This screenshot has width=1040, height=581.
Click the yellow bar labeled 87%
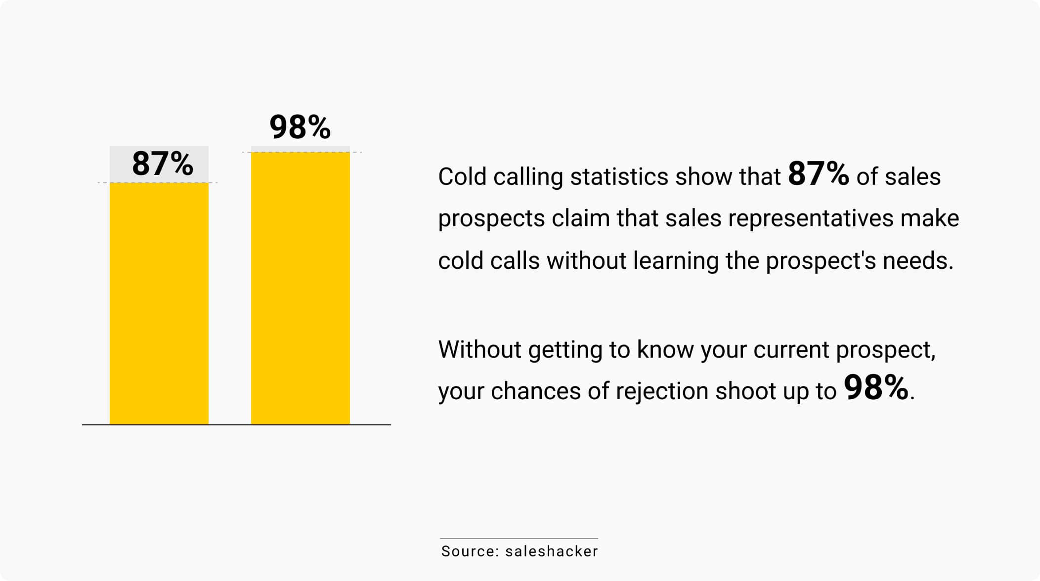159,303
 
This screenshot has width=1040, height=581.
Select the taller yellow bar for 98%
301,288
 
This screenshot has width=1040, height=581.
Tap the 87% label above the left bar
163,164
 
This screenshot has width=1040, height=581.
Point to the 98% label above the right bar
300,127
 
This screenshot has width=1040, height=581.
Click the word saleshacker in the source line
552,551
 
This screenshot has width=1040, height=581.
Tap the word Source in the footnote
470,551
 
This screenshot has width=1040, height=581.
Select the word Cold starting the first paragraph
463,176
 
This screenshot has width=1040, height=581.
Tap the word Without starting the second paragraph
480,349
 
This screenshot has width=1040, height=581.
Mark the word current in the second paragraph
791,350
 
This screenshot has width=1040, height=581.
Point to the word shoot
746,391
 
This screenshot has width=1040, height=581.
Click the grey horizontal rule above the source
519,538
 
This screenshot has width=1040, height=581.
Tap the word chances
536,391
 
